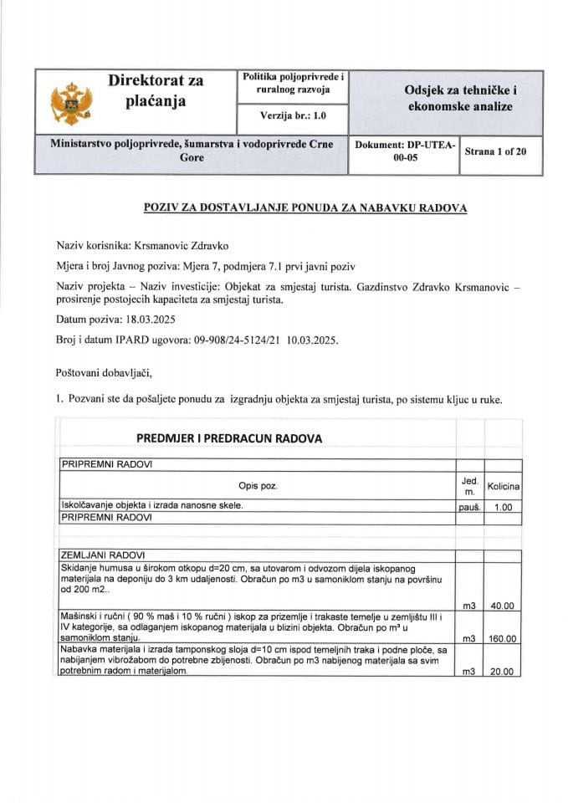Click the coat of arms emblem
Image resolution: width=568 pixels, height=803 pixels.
69,102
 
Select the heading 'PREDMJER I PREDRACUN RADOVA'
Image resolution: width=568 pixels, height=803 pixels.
229,438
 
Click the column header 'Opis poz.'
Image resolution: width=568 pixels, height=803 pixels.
257,485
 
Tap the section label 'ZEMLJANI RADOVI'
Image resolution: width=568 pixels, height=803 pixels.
104,555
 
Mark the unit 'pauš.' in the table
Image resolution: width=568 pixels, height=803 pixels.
469,507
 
